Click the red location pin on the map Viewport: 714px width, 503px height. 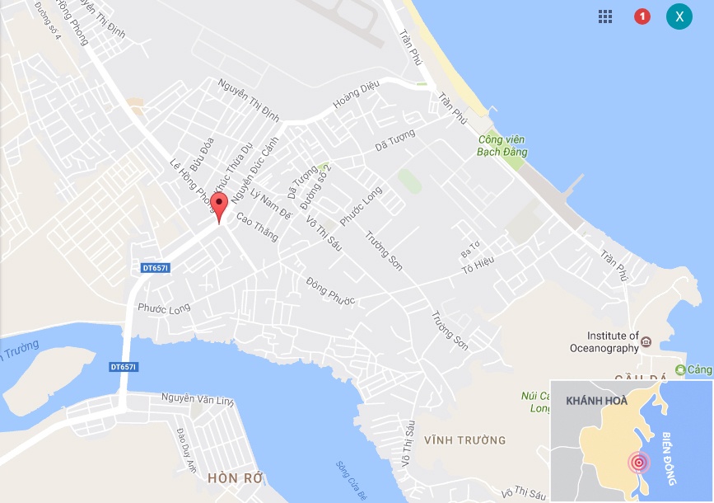coord(218,206)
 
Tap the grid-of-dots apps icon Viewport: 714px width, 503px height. coord(605,16)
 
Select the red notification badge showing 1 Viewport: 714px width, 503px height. coord(642,16)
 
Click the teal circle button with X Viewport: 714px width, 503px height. coord(679,16)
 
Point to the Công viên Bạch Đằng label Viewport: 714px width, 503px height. coord(502,146)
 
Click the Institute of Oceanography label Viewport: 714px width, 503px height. coord(613,341)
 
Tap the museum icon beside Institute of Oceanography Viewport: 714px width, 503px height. coord(646,341)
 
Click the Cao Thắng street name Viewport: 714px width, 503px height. coord(257,228)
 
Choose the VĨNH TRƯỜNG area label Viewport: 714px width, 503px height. coord(464,440)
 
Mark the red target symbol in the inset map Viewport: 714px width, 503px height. coord(638,463)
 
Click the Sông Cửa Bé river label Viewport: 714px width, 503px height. coord(350,480)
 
